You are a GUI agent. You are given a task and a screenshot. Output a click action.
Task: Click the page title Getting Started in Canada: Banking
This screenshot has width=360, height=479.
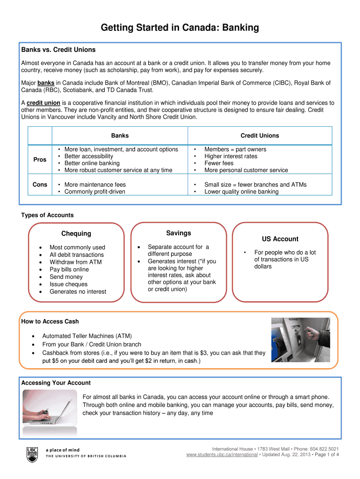click(180, 28)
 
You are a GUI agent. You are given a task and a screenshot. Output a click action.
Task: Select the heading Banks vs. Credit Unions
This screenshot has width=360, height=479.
click(58, 50)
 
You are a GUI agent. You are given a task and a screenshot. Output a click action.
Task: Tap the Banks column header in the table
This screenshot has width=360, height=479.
click(120, 136)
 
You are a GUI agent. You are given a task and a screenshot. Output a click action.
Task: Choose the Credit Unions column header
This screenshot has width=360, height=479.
click(259, 136)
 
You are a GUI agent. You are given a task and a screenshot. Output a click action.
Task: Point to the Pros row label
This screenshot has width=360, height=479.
click(40, 160)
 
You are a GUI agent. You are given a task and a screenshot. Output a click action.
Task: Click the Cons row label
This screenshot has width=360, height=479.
click(40, 185)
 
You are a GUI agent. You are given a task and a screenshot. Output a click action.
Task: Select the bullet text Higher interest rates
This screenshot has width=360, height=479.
click(230, 156)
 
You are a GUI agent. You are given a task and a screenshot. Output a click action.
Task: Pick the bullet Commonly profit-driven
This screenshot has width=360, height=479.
click(95, 192)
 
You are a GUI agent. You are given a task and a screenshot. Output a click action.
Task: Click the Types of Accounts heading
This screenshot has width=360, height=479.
click(47, 215)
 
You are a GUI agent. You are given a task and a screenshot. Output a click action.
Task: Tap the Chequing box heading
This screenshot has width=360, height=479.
click(76, 233)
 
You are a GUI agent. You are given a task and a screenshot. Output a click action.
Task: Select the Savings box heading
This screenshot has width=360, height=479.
click(178, 233)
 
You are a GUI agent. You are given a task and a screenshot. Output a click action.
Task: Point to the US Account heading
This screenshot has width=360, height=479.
click(280, 239)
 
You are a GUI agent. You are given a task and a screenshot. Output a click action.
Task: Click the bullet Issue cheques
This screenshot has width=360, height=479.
click(68, 284)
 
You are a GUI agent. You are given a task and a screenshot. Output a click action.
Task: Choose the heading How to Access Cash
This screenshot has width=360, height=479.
click(50, 321)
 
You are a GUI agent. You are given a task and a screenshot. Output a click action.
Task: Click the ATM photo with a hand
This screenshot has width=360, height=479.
click(301, 340)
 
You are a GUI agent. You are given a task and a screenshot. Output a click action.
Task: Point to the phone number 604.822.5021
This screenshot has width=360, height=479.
click(323, 448)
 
